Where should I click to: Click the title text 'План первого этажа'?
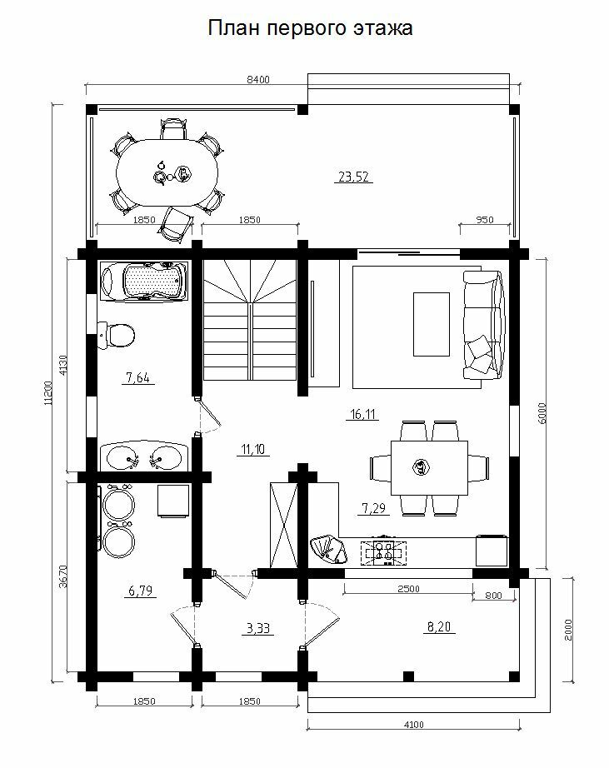point(310,28)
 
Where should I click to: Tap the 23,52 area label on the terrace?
point(353,177)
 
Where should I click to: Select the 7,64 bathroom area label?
point(137,377)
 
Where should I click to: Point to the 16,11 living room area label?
point(363,414)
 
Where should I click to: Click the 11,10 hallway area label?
point(253,449)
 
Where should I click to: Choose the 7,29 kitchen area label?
point(374,508)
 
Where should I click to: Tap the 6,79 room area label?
point(141,591)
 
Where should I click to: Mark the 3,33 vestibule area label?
point(258,628)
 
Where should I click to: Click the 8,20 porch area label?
point(439,626)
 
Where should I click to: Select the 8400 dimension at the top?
point(257,80)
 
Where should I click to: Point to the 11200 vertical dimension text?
point(47,393)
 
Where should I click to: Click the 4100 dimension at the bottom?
point(414,725)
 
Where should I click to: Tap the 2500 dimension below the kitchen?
point(408,589)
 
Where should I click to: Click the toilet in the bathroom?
point(116,336)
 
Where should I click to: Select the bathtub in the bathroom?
point(144,282)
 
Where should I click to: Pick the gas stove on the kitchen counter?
point(383,553)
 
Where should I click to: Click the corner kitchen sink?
point(329,550)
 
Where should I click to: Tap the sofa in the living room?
point(483,325)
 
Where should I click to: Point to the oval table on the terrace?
point(167,173)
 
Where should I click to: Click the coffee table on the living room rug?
point(432,324)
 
